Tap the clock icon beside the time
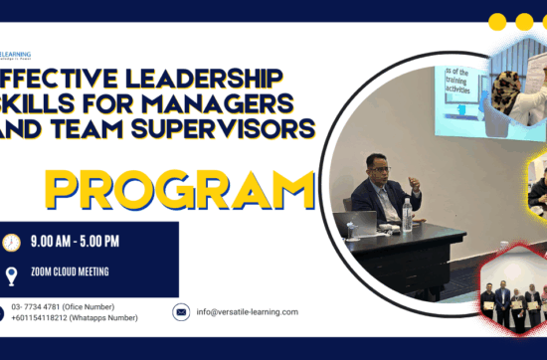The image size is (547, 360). (12, 243)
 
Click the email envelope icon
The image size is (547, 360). (181, 312)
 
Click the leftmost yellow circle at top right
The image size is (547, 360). (498, 21)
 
